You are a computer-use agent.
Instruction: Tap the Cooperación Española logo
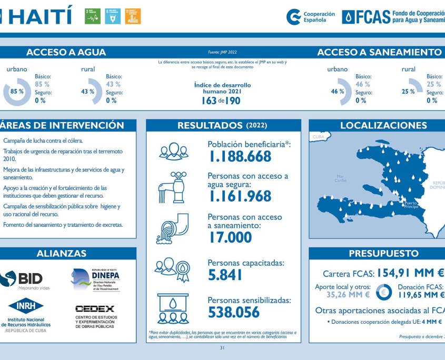(311, 17)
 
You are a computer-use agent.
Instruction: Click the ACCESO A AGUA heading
(66, 52)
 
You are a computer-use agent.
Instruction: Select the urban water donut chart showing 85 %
(17, 92)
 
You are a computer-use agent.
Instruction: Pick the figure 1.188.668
(240, 156)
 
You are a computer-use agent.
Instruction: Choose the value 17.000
(230, 237)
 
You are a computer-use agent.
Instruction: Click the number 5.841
(225, 275)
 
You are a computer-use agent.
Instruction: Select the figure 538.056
(234, 312)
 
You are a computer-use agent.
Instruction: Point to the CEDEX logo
(95, 309)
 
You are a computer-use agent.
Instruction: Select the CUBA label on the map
(319, 137)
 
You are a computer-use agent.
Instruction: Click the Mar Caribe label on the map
(341, 178)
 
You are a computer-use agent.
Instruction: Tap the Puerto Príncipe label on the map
(411, 205)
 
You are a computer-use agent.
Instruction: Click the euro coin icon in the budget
(384, 291)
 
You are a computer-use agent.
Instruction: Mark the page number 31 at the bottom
(222, 348)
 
